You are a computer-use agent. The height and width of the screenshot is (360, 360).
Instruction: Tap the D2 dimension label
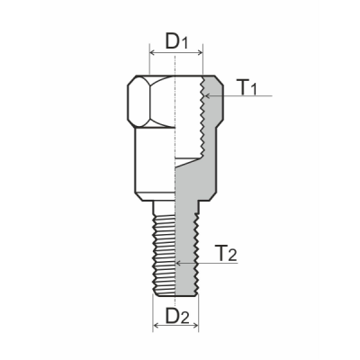click(x=177, y=317)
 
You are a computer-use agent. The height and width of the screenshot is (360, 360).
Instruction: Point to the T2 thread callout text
click(x=228, y=253)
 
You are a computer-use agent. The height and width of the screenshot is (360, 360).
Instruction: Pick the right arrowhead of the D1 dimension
click(x=199, y=53)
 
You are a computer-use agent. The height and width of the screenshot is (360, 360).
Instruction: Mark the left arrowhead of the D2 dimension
click(x=153, y=330)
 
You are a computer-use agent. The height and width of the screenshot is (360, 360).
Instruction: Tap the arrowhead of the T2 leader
click(x=180, y=263)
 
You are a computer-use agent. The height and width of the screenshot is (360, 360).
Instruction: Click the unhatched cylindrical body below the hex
click(x=153, y=162)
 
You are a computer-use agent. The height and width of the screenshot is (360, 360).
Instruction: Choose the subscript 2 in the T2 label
click(x=234, y=256)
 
